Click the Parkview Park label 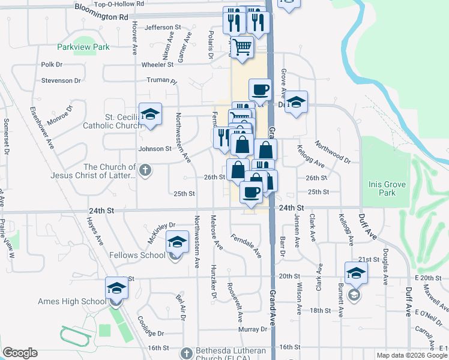click(x=83, y=47)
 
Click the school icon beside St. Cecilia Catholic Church click(x=150, y=114)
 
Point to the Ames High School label click(x=54, y=301)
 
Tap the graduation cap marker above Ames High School click(x=116, y=287)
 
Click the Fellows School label click(x=137, y=255)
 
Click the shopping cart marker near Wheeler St click(x=242, y=46)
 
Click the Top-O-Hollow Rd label click(x=119, y=4)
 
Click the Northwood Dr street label click(x=332, y=152)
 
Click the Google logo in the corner click(x=20, y=353)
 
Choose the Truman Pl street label click(x=162, y=80)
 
